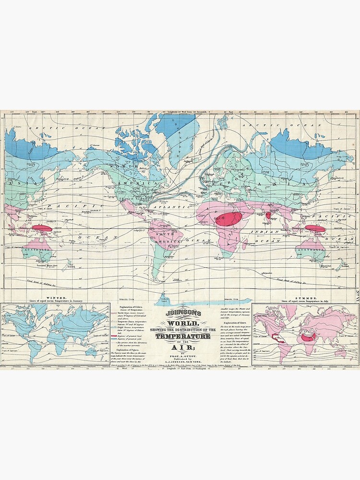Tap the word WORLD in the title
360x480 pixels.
pos(179,322)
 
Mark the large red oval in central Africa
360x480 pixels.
pos(228,219)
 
